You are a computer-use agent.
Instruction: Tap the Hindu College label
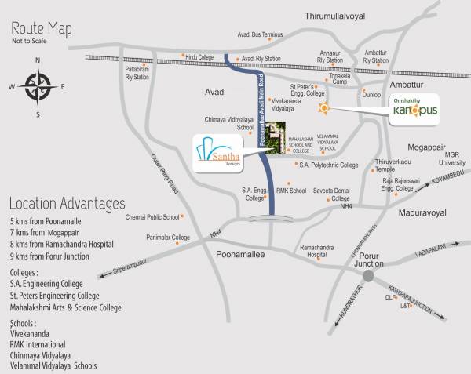(201, 57)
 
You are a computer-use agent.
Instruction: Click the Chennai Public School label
(150, 216)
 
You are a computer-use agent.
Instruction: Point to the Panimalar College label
(169, 237)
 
